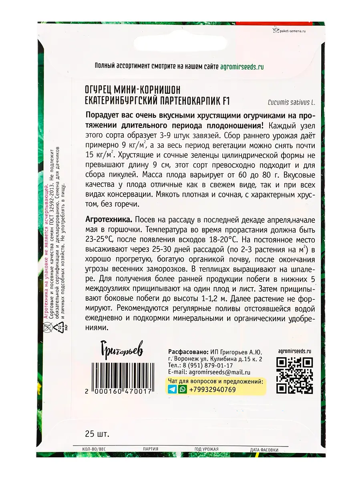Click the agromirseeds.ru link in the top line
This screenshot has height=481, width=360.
point(242,67)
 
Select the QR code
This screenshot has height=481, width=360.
point(295,374)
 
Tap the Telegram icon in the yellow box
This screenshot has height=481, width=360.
point(172,389)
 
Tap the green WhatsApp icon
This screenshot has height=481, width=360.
point(183,389)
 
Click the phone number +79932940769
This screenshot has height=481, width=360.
point(212,390)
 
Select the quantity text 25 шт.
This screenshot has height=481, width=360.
point(97,434)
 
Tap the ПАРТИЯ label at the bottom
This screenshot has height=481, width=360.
point(151,449)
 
